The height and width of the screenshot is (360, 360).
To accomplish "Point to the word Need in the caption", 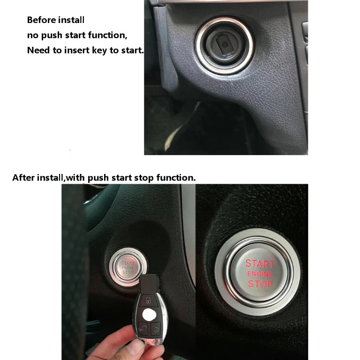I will [x=38, y=50].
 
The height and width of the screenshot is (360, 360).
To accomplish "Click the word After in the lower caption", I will [x=24, y=178].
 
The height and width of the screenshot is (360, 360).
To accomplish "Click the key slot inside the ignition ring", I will [x=225, y=45].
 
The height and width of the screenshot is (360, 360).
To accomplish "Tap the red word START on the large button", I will [x=260, y=263].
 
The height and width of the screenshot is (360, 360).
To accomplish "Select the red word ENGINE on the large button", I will [x=260, y=274].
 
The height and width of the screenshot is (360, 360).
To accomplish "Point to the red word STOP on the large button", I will [x=260, y=284].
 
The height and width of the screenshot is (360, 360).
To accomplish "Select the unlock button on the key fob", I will [x=148, y=300].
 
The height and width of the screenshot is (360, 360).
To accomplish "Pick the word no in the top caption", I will [x=33, y=35].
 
